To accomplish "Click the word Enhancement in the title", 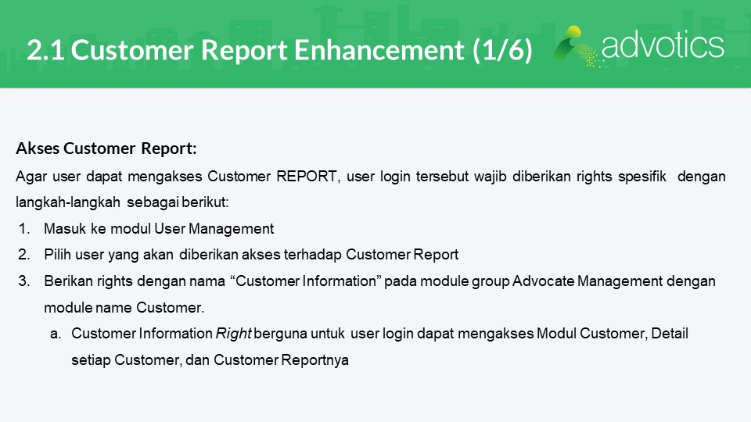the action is [x=379, y=50].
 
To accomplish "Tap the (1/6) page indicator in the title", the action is [x=502, y=50].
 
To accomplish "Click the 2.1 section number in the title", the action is [x=45, y=50].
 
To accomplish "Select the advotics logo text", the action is [x=663, y=45].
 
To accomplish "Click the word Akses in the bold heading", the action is [x=38, y=148].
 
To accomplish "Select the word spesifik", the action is [x=642, y=177].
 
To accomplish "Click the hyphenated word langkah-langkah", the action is [x=68, y=202].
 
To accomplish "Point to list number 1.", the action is [x=24, y=229].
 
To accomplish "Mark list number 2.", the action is [x=24, y=255].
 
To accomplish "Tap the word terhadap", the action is [x=313, y=255].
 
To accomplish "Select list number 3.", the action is [x=24, y=281].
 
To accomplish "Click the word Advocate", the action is [x=543, y=281].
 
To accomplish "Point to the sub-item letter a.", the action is [x=56, y=334].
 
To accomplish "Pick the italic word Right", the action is [x=234, y=334].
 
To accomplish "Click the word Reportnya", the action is [x=314, y=359].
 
